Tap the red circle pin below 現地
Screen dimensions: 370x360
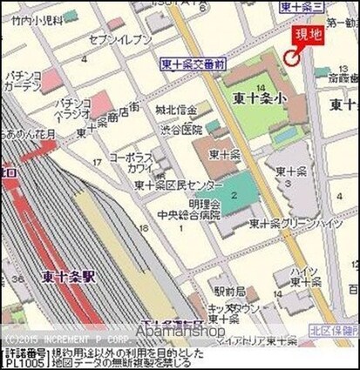click(289, 57)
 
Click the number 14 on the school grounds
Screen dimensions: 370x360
click(262, 87)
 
